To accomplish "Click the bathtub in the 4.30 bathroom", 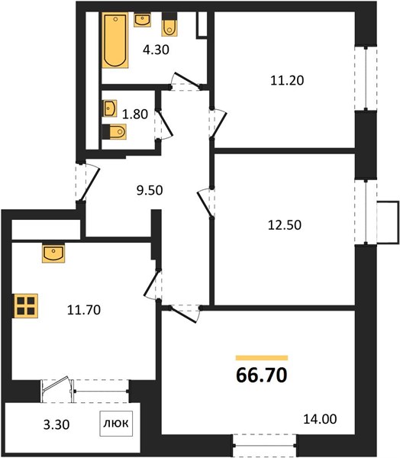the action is pos(115,40).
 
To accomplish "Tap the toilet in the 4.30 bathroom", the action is pos(169,24).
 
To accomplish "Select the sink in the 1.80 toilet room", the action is pos(110,108).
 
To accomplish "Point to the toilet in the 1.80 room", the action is pos(115,132).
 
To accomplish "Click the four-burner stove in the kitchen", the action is pos(26,306).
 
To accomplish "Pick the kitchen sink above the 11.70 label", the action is pos(53,253).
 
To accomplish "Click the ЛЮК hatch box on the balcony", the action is pos(116,424).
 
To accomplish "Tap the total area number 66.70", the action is pos(262,376).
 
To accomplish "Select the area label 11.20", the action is pos(287,80).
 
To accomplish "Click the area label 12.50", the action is pos(285,225).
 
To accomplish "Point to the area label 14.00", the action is pos(320,419).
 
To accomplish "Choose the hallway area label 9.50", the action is pos(150,190).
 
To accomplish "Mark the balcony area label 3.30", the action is pos(56,424).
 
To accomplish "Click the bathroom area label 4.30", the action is pos(156,50).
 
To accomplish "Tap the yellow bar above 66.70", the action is pos(262,358).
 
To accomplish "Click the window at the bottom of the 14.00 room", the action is pos(265,446).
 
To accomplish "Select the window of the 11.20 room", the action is pos(366,79).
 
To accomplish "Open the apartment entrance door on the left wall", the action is pos(87,182).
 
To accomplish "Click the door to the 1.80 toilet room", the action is pos(163,124).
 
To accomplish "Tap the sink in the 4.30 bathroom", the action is pos(142,20).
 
